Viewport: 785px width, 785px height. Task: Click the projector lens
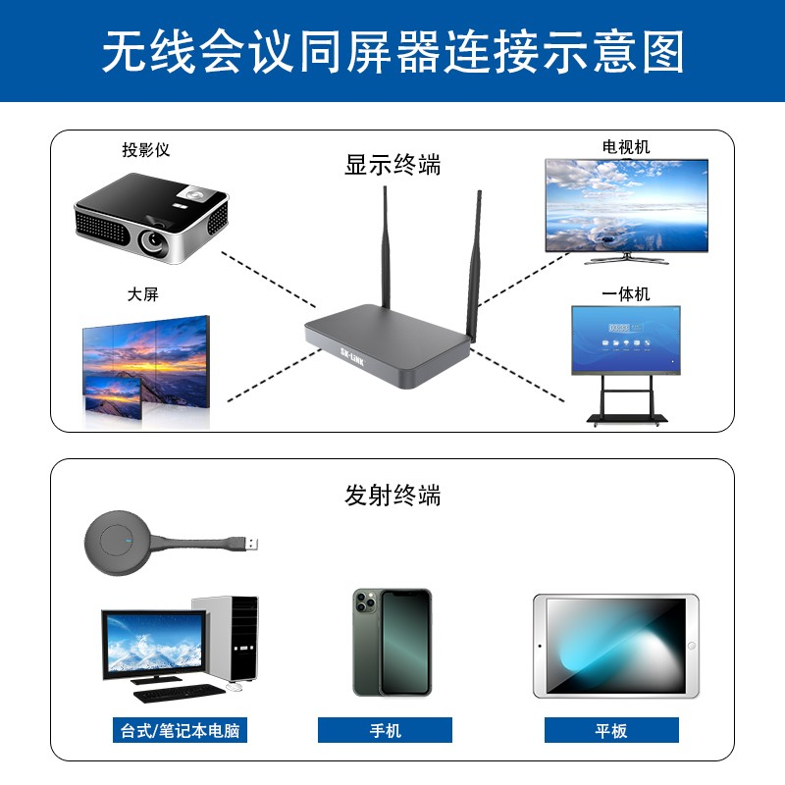152,240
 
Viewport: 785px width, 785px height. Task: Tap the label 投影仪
145,150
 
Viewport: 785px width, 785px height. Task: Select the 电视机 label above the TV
626,146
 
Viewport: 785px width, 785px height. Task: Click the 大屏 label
142,293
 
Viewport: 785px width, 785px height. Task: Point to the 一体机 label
626,293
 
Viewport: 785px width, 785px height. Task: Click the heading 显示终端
392,164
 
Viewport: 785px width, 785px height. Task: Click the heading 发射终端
392,496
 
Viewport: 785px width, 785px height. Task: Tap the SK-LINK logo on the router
352,357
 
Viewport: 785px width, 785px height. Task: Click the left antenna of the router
386,247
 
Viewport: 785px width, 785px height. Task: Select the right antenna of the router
474,265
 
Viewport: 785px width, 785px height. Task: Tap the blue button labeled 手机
385,730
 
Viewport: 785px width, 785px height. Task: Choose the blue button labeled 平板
611,730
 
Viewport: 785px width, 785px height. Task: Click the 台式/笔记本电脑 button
180,730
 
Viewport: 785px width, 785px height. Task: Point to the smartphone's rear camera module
365,602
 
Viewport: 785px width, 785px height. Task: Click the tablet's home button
692,646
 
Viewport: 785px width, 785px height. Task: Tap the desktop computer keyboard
180,694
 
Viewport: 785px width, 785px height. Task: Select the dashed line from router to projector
268,280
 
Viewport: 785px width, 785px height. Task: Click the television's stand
626,258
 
